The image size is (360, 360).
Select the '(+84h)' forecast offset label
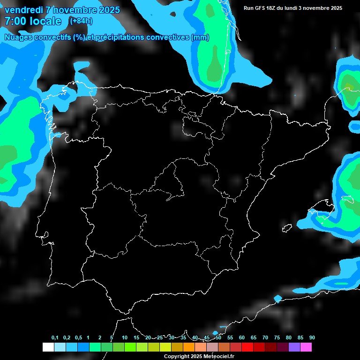click(x=81, y=21)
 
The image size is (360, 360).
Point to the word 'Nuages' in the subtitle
click(x=19, y=37)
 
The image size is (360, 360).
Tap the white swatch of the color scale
click(x=48, y=347)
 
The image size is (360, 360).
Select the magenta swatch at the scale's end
click(x=306, y=347)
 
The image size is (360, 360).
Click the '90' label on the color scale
click(x=312, y=337)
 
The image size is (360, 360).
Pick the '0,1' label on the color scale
click(x=55, y=337)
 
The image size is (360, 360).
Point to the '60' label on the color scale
click(x=242, y=337)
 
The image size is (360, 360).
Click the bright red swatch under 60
click(x=247, y=347)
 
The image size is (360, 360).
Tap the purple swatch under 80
click(x=294, y=347)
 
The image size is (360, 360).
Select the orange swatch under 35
click(x=189, y=347)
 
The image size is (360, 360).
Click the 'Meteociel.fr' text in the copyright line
click(x=221, y=356)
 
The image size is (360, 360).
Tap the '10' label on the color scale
click(x=125, y=337)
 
